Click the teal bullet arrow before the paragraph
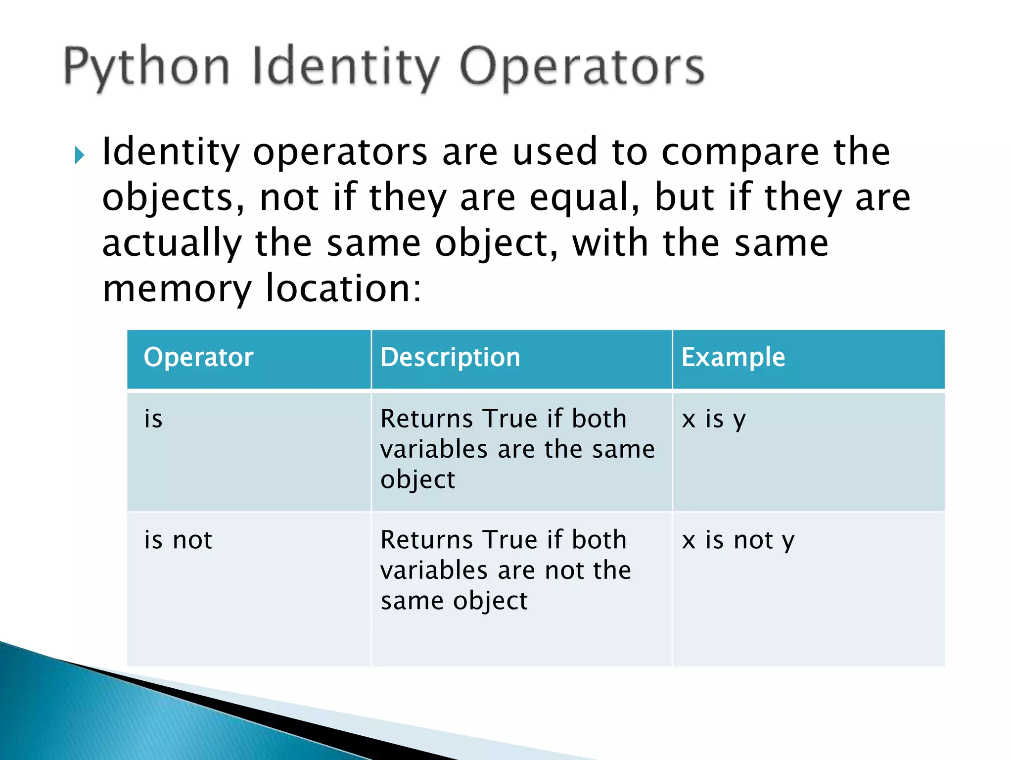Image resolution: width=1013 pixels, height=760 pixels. coord(80,155)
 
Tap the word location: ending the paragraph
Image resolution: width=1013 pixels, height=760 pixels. coord(343,288)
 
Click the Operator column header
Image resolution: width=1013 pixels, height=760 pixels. coord(198,357)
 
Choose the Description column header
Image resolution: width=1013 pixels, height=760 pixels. coord(450,357)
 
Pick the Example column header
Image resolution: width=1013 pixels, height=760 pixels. coord(733,357)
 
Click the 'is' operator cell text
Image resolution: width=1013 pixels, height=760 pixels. coord(153,419)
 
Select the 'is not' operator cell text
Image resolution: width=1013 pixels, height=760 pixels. coord(178,540)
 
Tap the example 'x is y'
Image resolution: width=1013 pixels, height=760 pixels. coord(713,420)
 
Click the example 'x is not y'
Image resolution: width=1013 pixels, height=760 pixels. coord(738,540)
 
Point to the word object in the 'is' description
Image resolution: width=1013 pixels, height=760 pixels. coord(417,480)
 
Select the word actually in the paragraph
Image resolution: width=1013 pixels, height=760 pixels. coord(172,243)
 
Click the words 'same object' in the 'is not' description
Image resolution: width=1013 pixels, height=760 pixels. coord(454,601)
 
